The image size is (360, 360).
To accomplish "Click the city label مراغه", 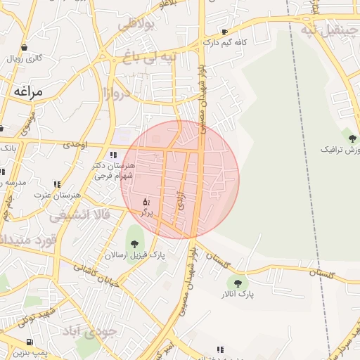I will pos(27,91).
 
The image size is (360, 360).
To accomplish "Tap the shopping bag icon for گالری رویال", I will pos(25,48).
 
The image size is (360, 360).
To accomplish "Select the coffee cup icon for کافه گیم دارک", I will pos(224,32).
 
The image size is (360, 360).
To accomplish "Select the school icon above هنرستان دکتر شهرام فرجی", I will pos(112,155).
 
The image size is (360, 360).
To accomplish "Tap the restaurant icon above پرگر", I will pos(146,202).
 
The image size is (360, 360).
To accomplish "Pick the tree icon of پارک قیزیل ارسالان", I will pos(134,245).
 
